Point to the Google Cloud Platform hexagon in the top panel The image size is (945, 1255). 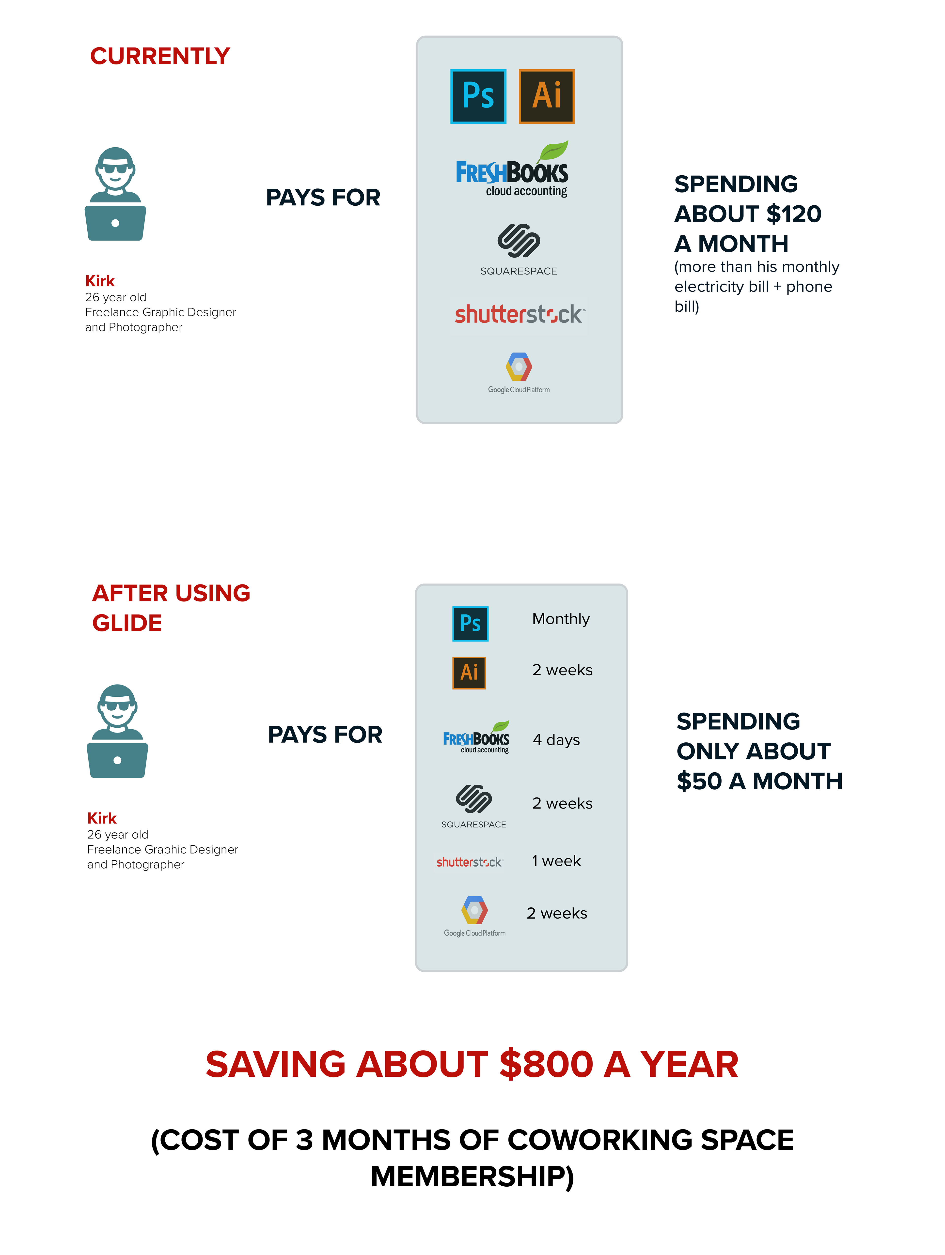pyautogui.click(x=519, y=367)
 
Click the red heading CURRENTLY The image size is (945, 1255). pyautogui.click(x=160, y=56)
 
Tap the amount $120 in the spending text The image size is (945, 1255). pyautogui.click(x=793, y=214)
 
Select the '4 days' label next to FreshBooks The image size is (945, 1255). pyautogui.click(x=556, y=740)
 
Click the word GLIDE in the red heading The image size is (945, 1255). pyautogui.click(x=127, y=623)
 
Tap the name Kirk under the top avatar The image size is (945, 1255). pyautogui.click(x=100, y=281)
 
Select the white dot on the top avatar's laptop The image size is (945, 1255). pyautogui.click(x=115, y=223)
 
